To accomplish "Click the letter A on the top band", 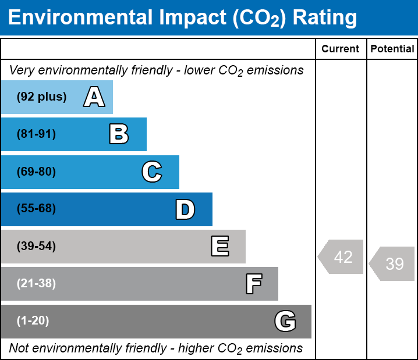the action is (94, 97).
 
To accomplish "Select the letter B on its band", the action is (119, 134).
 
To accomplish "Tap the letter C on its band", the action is (152, 172).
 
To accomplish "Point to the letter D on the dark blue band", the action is (185, 209).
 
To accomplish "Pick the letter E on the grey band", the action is (220, 246).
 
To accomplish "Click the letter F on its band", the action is (254, 284).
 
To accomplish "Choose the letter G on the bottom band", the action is (285, 321).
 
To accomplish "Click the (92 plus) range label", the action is (41, 97).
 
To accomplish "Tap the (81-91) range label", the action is (36, 134).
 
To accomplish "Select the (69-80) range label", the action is (36, 172).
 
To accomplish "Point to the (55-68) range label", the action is (36, 208).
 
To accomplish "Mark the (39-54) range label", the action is (36, 246).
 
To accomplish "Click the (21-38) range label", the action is (36, 283).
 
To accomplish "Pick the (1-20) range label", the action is (33, 320).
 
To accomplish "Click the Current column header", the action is (340, 49).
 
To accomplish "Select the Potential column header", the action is (392, 49).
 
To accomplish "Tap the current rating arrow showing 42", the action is (341, 256).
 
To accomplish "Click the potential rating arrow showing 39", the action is (392, 263).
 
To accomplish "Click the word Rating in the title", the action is (324, 18).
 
